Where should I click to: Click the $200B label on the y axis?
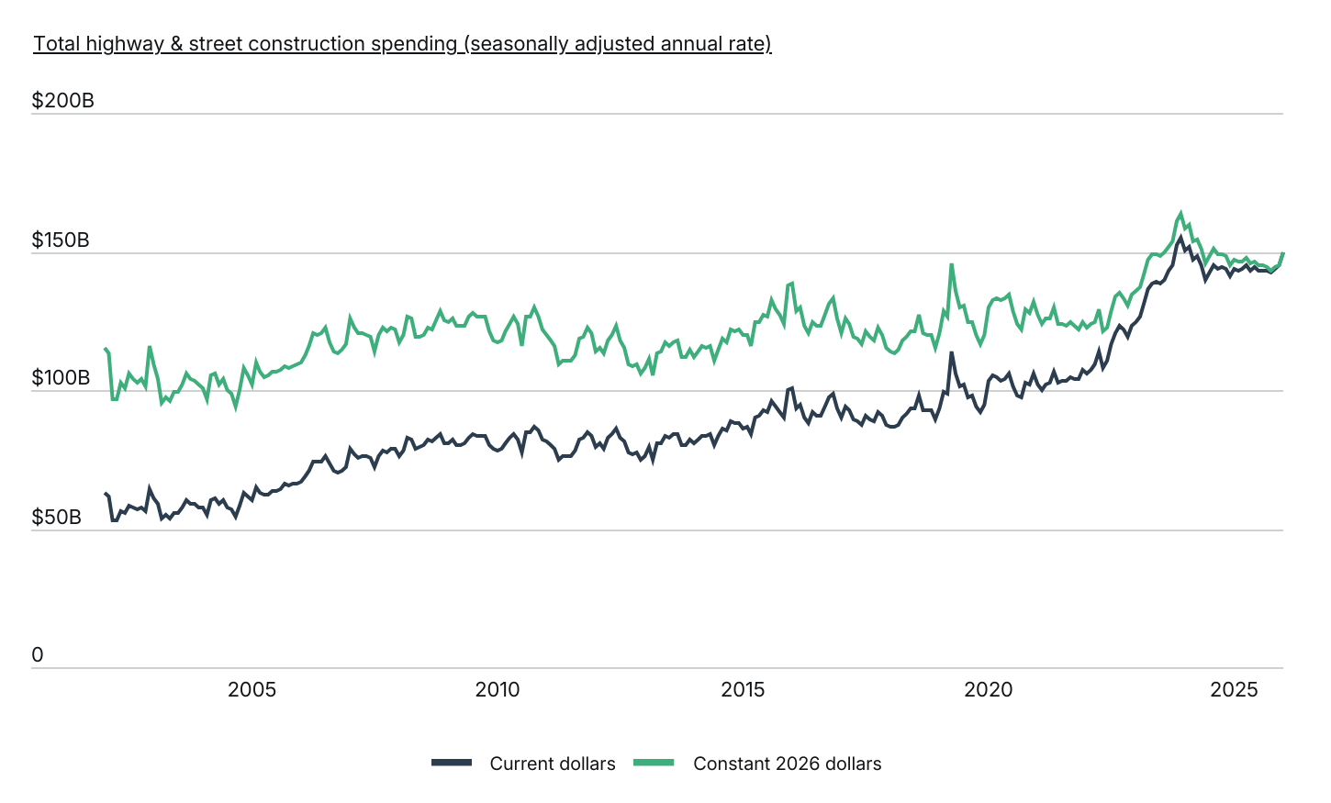pos(63,100)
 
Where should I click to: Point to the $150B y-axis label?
pos(61,240)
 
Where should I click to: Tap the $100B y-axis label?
pos(61,378)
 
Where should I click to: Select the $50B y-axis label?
pos(56,518)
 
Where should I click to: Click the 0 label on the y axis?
pos(38,655)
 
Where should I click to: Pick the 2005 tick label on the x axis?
pos(252,689)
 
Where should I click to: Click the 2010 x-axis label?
pos(498,689)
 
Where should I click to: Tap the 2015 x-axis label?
pos(743,689)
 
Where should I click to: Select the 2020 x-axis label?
pos(988,689)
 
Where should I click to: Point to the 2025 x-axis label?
pos(1234,689)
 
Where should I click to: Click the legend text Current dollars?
pos(553,764)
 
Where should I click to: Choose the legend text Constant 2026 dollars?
pos(788,764)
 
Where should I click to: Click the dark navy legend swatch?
pos(452,763)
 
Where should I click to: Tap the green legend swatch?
pos(654,763)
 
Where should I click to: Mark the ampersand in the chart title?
pos(176,44)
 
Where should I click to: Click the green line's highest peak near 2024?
pos(1180,212)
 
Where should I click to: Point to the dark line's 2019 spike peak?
pos(951,353)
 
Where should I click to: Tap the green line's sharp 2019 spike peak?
pos(951,265)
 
